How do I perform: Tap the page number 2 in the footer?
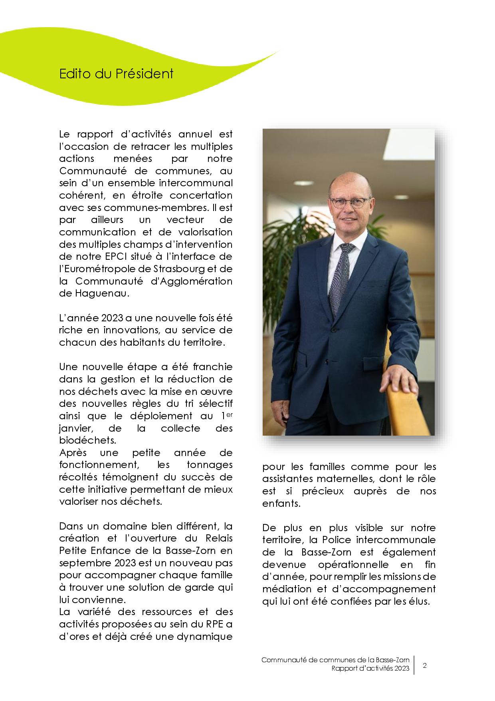click(x=424, y=666)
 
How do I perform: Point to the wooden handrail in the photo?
click(x=403, y=412)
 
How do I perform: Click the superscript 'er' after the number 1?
click(x=229, y=414)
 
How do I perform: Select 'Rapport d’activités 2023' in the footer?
click(x=370, y=669)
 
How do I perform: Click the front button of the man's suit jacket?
click(x=332, y=330)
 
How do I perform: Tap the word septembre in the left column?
click(x=78, y=563)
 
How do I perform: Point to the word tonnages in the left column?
click(x=210, y=465)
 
